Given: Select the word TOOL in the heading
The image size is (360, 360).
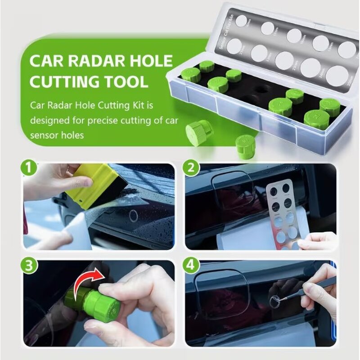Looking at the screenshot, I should click(126, 82).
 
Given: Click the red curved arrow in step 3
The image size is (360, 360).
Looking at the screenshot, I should click(88, 278).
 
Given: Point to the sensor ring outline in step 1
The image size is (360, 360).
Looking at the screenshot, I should click(134, 216).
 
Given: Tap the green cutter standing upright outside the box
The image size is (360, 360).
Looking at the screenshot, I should click(246, 147).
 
